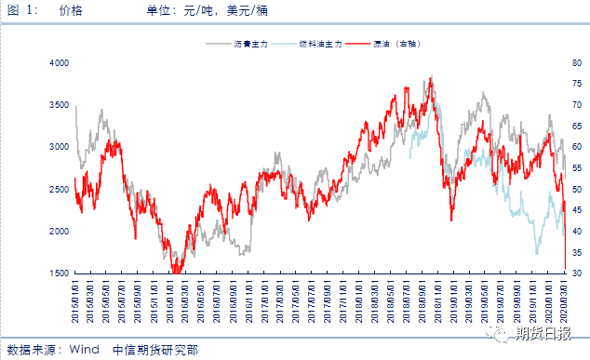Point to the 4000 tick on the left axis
point(59,62)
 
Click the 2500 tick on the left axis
point(59,189)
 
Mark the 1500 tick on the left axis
point(59,273)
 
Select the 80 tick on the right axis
point(577,62)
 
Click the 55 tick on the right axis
point(577,168)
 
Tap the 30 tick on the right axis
point(577,273)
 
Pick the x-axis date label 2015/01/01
point(76,299)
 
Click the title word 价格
point(70,9)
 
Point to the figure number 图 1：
point(23,9)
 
